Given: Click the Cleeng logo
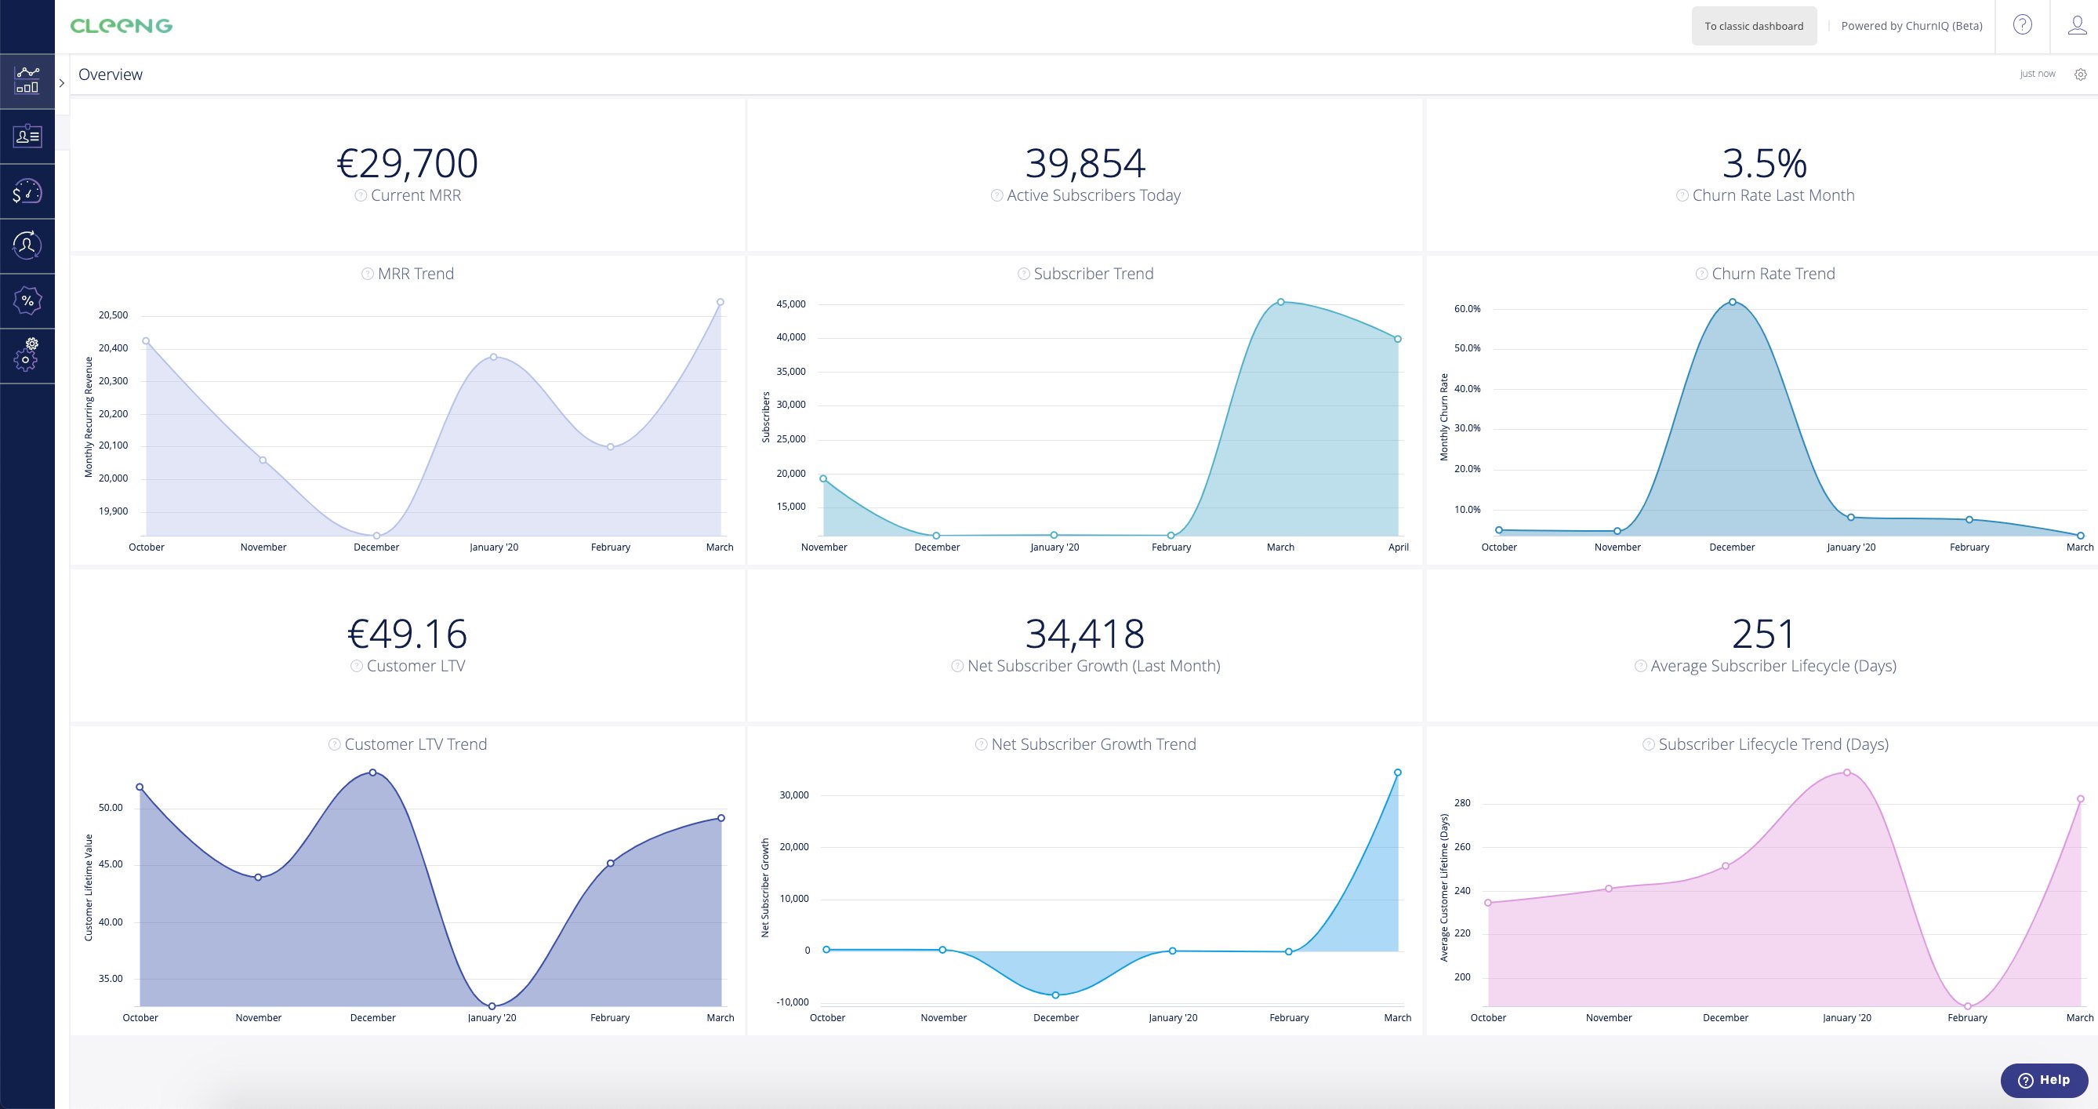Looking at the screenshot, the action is [x=122, y=26].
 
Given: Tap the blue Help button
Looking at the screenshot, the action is [x=2043, y=1080].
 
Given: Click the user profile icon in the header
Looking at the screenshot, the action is [x=2077, y=25].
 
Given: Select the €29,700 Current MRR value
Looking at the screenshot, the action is [x=407, y=163].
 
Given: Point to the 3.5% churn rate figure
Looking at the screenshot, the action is [x=1764, y=163].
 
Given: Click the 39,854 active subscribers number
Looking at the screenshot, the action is [x=1085, y=163].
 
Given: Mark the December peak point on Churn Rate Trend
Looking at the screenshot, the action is [x=1733, y=301].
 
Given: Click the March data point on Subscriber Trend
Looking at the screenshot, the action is [x=1281, y=301].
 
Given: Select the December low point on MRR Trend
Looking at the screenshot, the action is [x=376, y=536].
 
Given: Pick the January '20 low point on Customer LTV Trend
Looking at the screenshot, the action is [x=492, y=1006].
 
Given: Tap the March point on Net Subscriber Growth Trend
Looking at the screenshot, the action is [x=1398, y=773].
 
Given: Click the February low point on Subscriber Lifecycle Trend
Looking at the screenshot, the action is [x=1968, y=1006].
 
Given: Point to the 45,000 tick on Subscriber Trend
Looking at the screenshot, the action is [x=791, y=304].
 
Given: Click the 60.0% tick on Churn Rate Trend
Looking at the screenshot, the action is [x=1468, y=309].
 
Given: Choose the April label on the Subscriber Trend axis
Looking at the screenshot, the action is [x=1399, y=547].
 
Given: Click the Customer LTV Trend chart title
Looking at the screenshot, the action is [x=416, y=744].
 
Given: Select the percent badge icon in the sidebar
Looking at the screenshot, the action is [x=27, y=300].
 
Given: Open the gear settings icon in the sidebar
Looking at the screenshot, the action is [x=27, y=355].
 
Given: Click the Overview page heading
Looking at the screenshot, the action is [x=110, y=75].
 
